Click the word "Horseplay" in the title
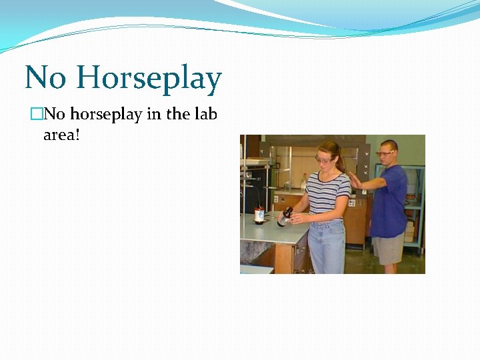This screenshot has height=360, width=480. coord(149,79)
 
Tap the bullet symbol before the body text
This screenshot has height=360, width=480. coord(36,115)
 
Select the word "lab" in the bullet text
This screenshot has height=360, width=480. coord(205,114)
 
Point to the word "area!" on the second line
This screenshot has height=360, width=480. coord(61,135)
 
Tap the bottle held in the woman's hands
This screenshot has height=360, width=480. coord(285,216)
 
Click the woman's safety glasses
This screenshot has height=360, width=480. coord(323,159)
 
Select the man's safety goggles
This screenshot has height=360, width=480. coord(385,153)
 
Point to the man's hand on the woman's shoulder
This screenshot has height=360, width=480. coord(355,180)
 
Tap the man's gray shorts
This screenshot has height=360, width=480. coord(387,249)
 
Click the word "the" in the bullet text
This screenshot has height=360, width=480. coord(178,114)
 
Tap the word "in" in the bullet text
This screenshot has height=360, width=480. coord(153,114)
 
